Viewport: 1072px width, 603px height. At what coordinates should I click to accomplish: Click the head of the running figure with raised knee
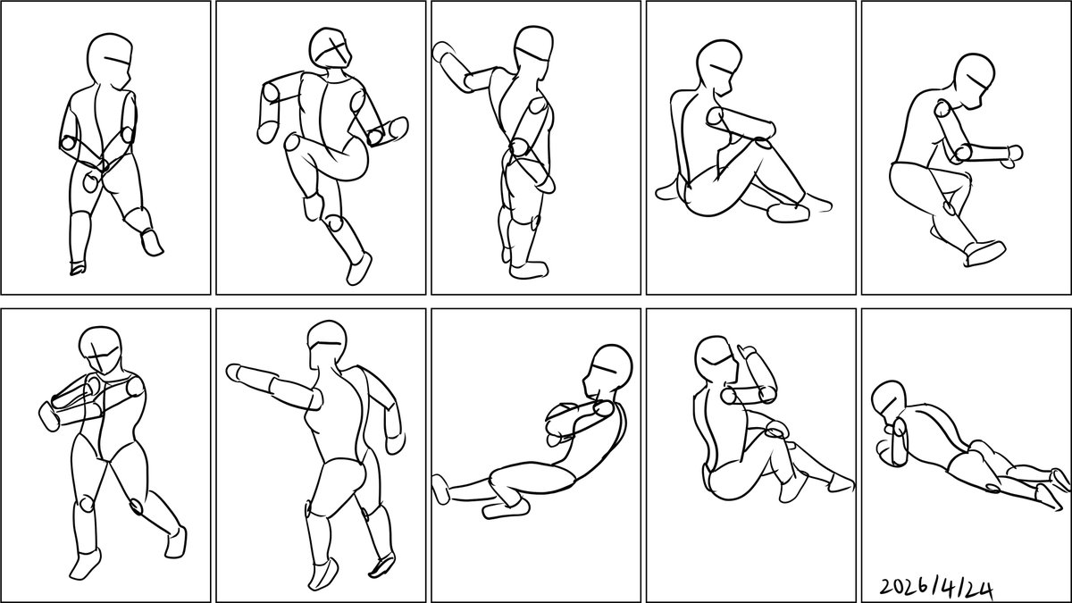(x=331, y=48)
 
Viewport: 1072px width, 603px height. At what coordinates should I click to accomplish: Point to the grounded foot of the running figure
(x=359, y=269)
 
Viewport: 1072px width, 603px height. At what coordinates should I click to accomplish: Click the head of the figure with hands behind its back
(x=110, y=61)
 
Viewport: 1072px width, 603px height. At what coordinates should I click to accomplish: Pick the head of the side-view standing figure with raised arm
(x=534, y=50)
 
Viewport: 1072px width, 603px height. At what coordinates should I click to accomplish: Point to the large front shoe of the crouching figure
(x=984, y=253)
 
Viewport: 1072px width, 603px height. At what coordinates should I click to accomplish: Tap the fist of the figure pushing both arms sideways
(x=48, y=416)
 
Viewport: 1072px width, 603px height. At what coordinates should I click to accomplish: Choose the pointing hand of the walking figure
(x=235, y=373)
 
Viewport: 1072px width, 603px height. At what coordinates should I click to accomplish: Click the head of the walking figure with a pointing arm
(x=327, y=345)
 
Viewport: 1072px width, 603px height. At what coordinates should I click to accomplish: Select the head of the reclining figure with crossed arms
(x=607, y=372)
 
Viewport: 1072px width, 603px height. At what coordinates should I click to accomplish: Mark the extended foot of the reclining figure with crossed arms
(x=440, y=489)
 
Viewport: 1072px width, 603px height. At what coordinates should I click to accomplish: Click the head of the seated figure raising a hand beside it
(x=715, y=359)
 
